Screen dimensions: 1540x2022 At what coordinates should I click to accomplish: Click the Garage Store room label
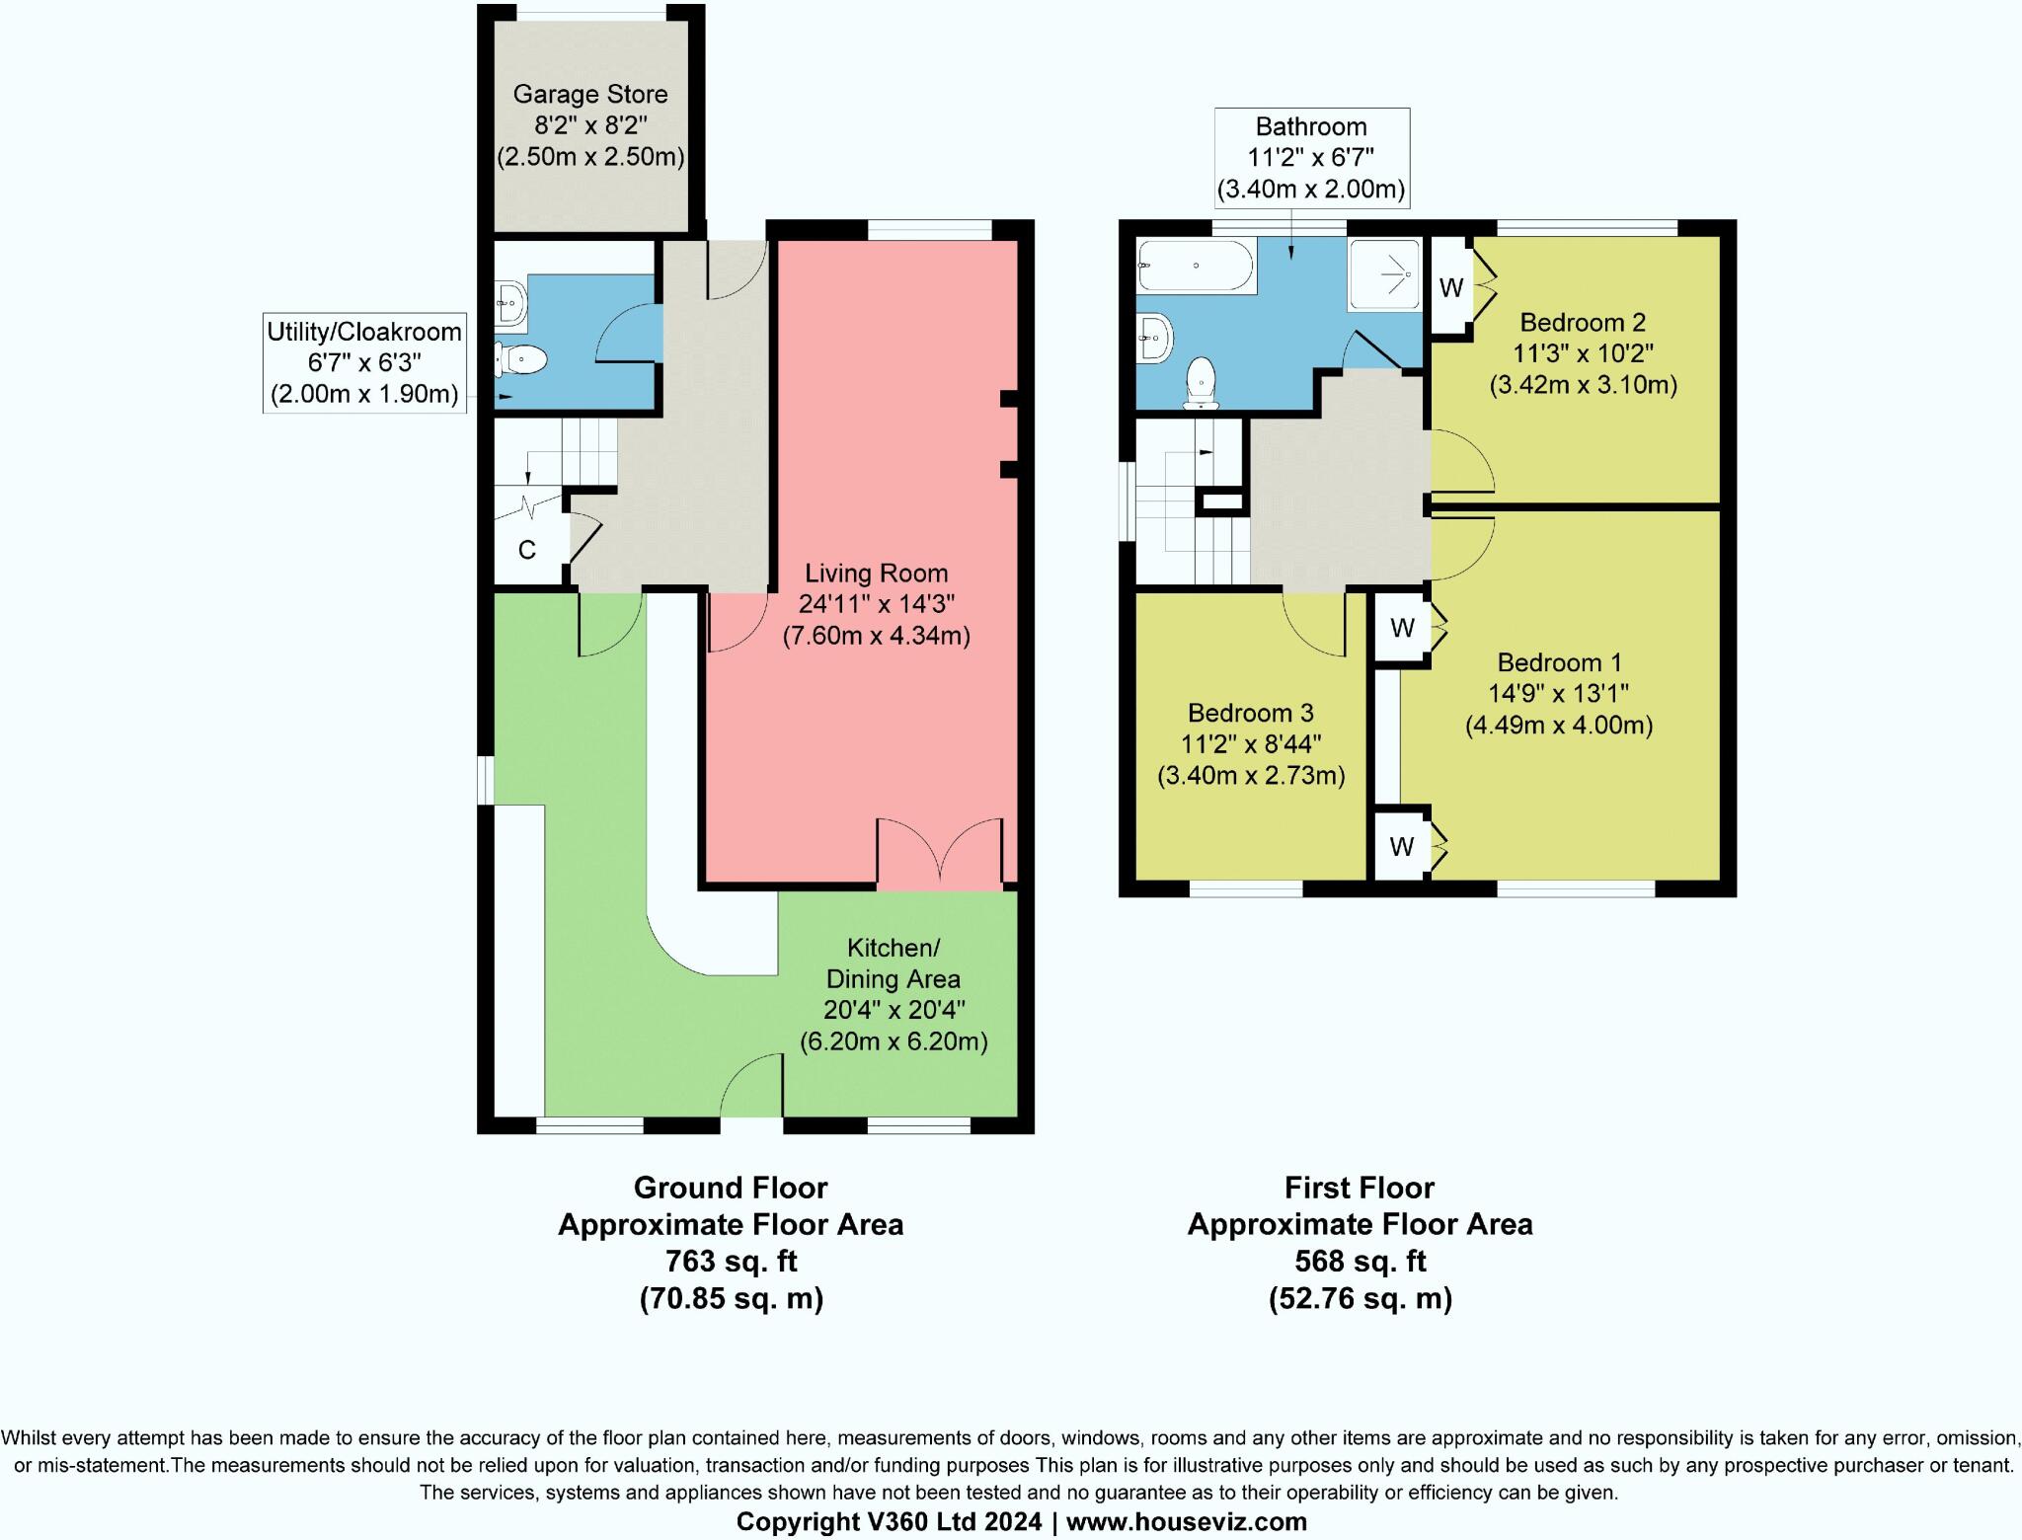(x=590, y=95)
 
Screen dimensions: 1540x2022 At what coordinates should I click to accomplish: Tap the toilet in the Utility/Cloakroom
(x=522, y=360)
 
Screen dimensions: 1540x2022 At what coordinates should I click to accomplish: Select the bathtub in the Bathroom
(x=1195, y=266)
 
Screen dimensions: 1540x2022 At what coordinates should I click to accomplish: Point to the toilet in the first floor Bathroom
(x=1201, y=384)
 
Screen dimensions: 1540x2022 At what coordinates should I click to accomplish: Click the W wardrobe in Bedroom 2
(x=1450, y=288)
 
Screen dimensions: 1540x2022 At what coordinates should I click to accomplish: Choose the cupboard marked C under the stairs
(x=527, y=550)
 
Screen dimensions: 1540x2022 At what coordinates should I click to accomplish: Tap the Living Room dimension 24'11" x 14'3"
(x=876, y=604)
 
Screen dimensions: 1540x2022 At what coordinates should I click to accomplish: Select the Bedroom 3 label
(x=1251, y=713)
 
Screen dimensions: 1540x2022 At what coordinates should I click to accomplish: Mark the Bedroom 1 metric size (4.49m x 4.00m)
(x=1558, y=726)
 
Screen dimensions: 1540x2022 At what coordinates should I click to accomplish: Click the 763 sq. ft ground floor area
(x=731, y=1261)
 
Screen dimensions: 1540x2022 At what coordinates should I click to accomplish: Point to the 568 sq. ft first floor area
(x=1360, y=1261)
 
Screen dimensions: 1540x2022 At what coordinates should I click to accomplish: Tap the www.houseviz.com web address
(x=1186, y=1521)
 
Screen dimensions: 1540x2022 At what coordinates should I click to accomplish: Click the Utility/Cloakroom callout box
(x=364, y=362)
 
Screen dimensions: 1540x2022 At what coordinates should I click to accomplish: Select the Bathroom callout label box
(x=1310, y=158)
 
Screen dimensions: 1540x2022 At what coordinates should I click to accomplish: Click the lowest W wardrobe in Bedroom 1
(x=1401, y=846)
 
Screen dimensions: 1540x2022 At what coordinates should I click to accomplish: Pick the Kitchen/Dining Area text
(x=893, y=963)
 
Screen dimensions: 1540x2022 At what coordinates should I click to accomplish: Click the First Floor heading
(x=1360, y=1187)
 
